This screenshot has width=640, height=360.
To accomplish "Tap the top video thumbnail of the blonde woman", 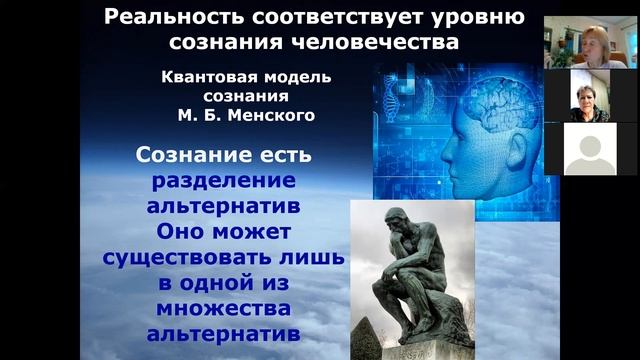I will tap(589, 43).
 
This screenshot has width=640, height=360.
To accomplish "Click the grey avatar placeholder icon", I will tap(589, 149).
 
